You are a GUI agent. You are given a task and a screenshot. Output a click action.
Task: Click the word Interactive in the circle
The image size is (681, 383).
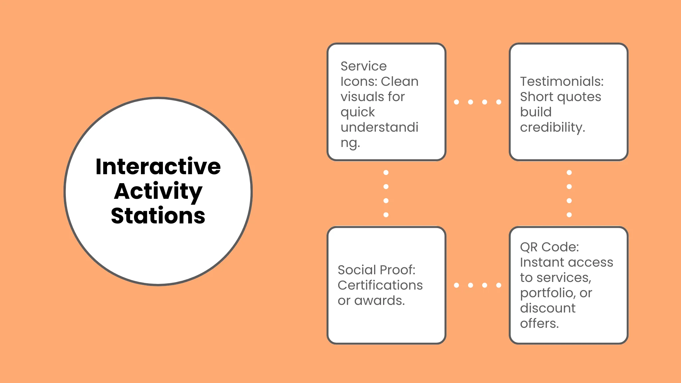tap(158, 167)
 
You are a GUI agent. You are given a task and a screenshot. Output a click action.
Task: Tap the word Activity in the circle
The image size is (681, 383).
tap(158, 191)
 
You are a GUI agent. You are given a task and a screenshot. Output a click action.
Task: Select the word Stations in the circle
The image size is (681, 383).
tap(158, 216)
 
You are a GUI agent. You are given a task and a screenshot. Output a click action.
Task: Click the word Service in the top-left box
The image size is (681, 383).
tap(363, 66)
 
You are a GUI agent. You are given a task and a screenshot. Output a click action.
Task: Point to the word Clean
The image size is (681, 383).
tap(399, 81)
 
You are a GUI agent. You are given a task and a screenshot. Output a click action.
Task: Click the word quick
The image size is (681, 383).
tap(357, 112)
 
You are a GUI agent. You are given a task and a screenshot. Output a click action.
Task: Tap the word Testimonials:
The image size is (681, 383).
tap(562, 81)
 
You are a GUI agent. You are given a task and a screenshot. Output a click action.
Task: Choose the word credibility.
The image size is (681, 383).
tap(552, 127)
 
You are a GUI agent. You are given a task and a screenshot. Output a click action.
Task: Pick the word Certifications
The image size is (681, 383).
tap(380, 285)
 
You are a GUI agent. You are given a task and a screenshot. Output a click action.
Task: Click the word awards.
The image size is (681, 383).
tap(379, 301)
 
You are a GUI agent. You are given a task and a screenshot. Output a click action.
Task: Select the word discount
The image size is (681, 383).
tap(548, 308)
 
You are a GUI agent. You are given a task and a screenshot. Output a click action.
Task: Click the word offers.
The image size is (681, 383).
tap(539, 323)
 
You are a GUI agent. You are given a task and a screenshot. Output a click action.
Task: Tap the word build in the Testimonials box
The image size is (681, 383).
tap(536, 112)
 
